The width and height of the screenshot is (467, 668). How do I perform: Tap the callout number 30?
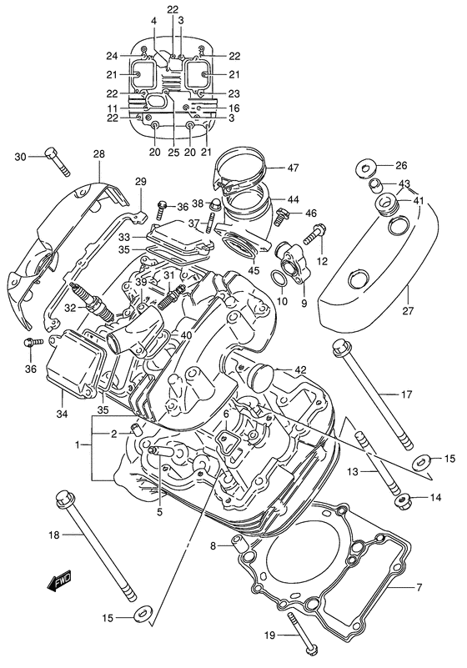tap(20, 155)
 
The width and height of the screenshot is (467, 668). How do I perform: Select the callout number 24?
tap(135, 56)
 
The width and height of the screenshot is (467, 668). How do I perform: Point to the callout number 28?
tap(98, 154)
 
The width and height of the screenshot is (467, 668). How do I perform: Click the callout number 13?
tap(352, 471)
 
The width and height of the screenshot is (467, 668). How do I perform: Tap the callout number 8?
tap(213, 546)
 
